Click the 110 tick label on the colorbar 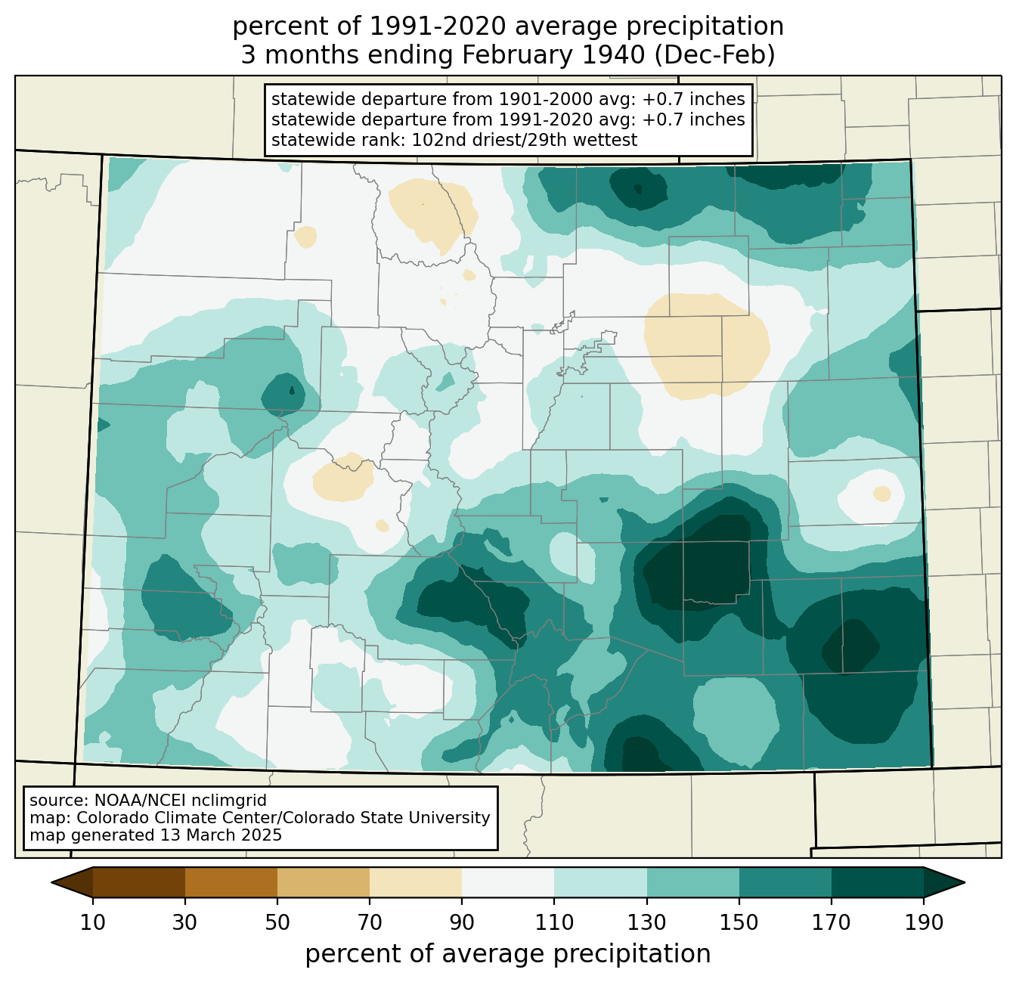554,922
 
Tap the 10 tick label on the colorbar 92,922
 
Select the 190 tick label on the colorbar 924,922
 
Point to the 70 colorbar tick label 370,922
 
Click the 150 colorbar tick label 739,922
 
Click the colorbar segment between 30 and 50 231,882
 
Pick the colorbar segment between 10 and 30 139,882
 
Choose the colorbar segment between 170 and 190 877,882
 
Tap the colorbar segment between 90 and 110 508,882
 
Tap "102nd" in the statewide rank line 433,140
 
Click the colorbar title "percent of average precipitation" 508,954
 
